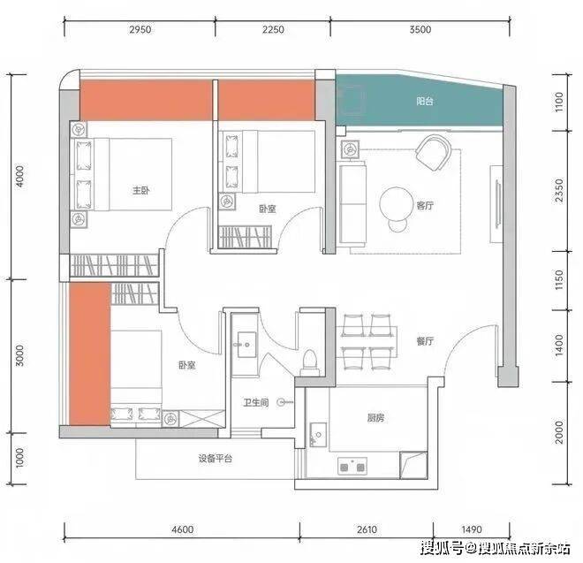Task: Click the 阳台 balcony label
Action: pyautogui.click(x=425, y=101)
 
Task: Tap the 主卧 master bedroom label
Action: pyautogui.click(x=141, y=191)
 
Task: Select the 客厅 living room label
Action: pyautogui.click(x=425, y=205)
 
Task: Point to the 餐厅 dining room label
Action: pyautogui.click(x=425, y=341)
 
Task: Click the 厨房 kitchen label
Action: pyautogui.click(x=375, y=418)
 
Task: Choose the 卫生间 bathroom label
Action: pyautogui.click(x=256, y=402)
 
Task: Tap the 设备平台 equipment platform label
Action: pyautogui.click(x=216, y=459)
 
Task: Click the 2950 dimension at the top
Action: pyautogui.click(x=140, y=29)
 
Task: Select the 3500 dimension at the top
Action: pyautogui.click(x=420, y=29)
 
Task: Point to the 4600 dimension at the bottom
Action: pyautogui.click(x=183, y=529)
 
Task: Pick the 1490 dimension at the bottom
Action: pyautogui.click(x=472, y=529)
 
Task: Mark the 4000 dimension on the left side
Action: pyautogui.click(x=19, y=177)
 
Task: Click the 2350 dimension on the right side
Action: pyautogui.click(x=559, y=191)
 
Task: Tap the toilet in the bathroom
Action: pyautogui.click(x=310, y=362)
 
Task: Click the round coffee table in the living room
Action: pyautogui.click(x=397, y=203)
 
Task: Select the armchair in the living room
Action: pyautogui.click(x=434, y=153)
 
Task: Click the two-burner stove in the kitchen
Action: pyautogui.click(x=352, y=466)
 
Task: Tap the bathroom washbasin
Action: pyautogui.click(x=246, y=345)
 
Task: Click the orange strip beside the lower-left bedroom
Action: pyautogui.click(x=90, y=354)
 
